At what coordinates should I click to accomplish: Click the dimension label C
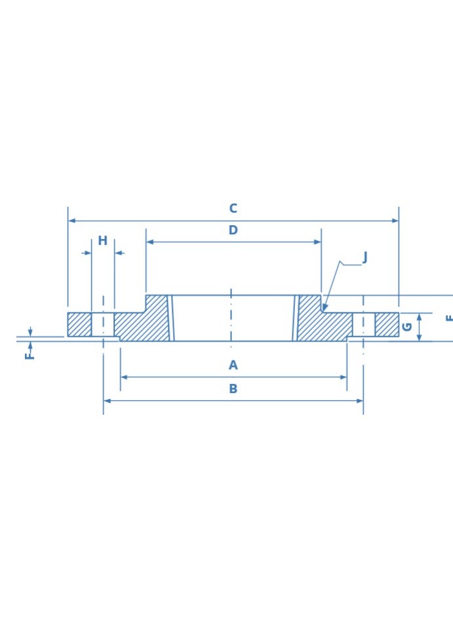tap(233, 209)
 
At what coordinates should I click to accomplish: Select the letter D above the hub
tap(233, 230)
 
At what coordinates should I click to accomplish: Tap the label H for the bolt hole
tap(103, 241)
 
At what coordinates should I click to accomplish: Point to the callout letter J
tap(364, 257)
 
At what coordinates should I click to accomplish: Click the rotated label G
tap(407, 326)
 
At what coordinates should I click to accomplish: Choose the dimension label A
tap(233, 366)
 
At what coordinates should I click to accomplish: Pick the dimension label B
tap(233, 389)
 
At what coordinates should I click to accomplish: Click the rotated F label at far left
tap(30, 355)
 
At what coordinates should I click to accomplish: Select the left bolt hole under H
tap(103, 324)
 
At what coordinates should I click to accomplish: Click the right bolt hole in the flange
tap(363, 324)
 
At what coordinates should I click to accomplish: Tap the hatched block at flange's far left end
tap(79, 324)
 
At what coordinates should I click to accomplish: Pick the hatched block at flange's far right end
tap(387, 324)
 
